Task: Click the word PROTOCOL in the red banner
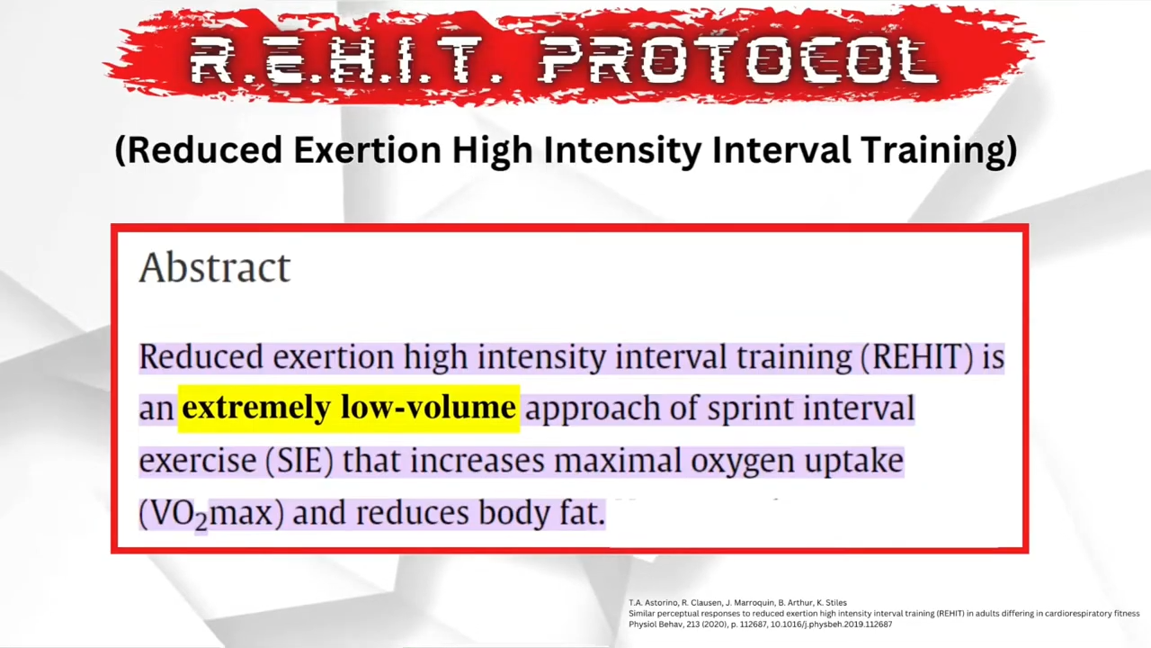(x=739, y=59)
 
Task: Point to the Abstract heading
(x=215, y=267)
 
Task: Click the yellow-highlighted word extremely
(x=256, y=408)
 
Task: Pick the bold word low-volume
(x=429, y=407)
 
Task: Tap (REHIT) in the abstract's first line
(x=916, y=356)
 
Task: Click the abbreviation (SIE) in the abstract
(x=299, y=460)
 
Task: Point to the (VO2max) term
(x=211, y=514)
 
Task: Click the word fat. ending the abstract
(x=583, y=512)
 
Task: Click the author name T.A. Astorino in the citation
(x=653, y=603)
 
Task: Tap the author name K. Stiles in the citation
(x=832, y=603)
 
